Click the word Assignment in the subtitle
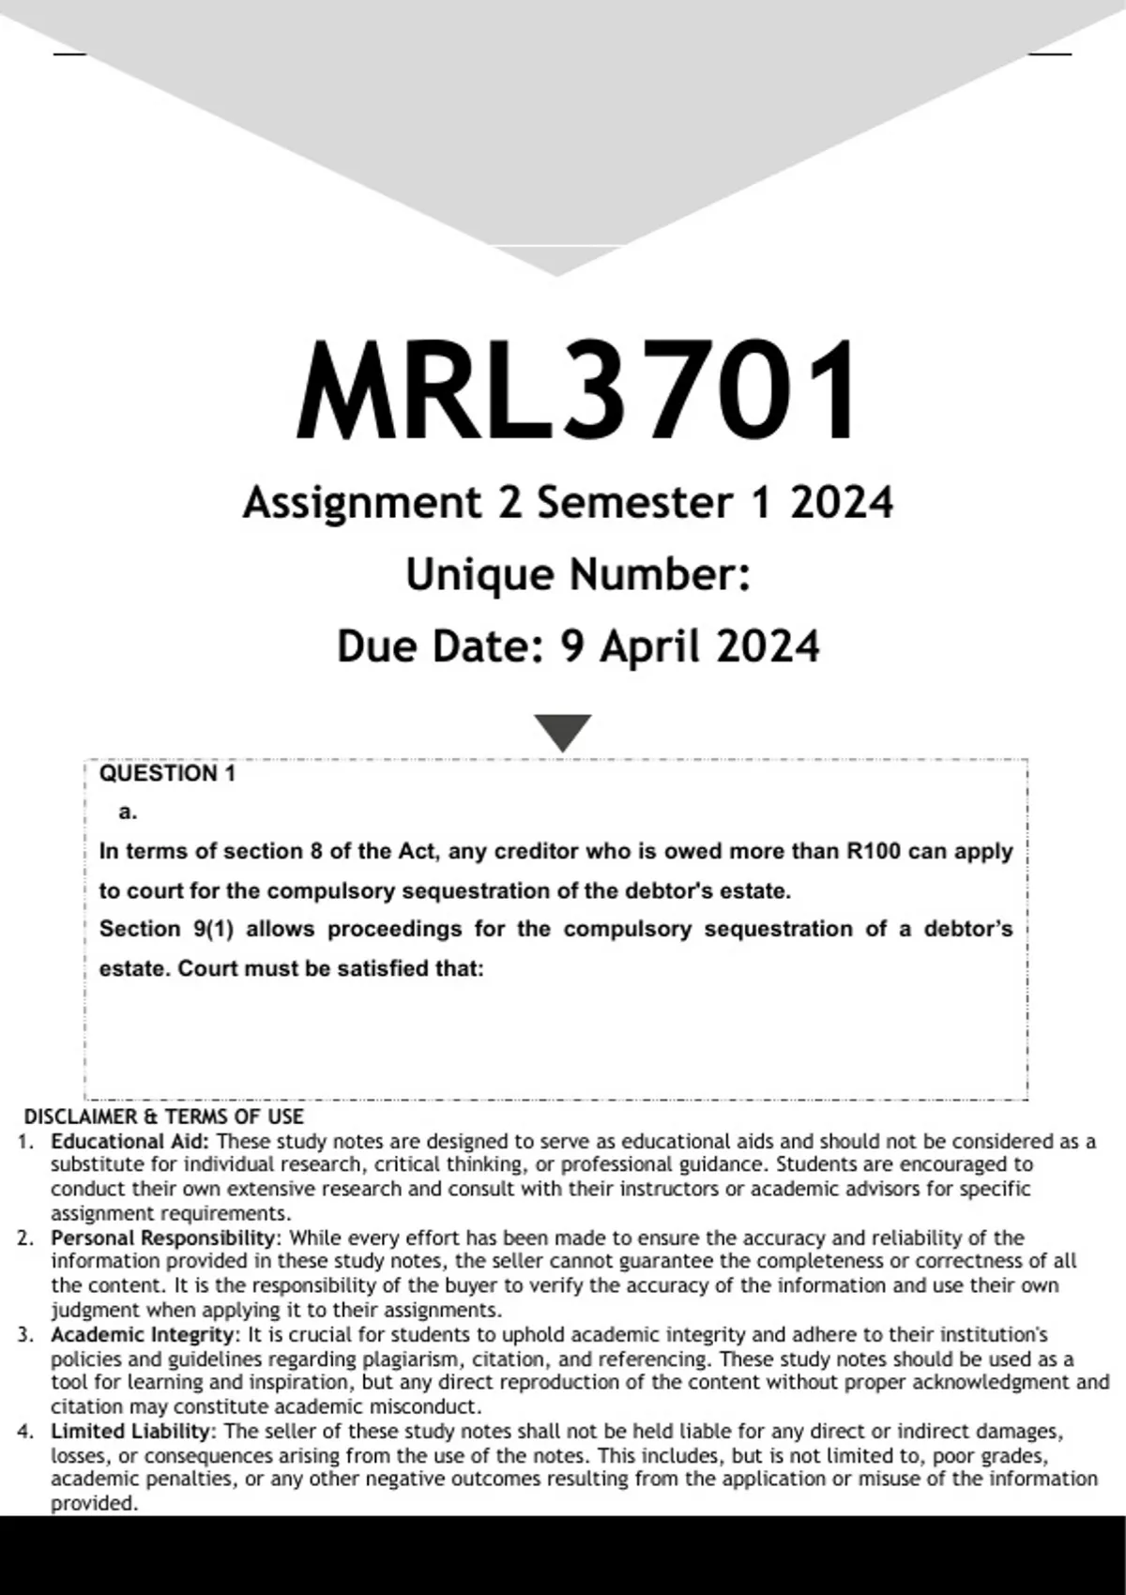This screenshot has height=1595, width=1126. tap(361, 503)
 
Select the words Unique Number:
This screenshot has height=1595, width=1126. tap(577, 574)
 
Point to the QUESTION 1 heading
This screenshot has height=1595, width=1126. tap(167, 774)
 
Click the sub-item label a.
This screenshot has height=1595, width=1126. tap(129, 813)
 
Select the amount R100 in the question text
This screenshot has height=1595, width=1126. tap(874, 852)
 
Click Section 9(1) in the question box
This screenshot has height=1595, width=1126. tap(166, 929)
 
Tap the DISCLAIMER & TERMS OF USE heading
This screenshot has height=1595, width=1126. tap(163, 1116)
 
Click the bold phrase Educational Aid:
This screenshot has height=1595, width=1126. tap(131, 1142)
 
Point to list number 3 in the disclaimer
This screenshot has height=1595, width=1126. tap(26, 1334)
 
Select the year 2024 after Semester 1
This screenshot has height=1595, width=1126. tap(842, 503)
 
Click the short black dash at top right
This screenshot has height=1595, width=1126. tap(1050, 54)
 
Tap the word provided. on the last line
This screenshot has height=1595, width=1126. tap(94, 1503)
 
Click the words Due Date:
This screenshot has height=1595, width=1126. tap(440, 646)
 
